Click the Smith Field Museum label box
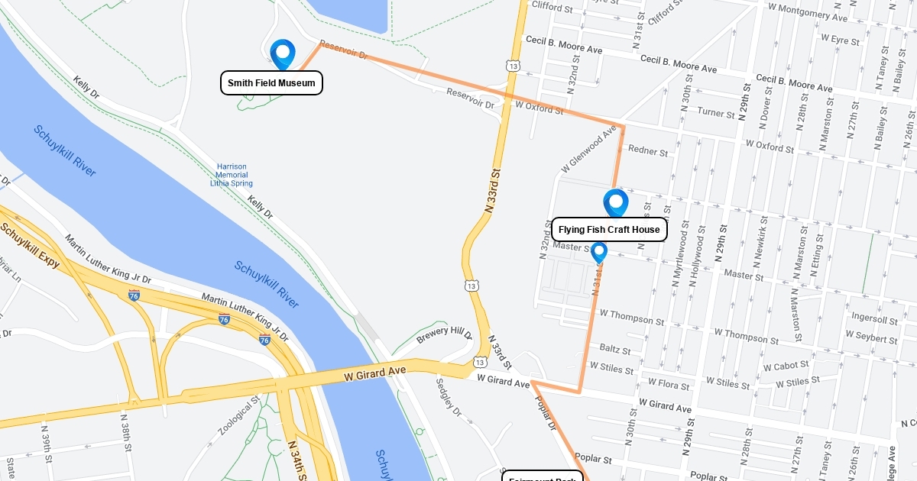271,83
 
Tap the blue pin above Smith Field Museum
283,54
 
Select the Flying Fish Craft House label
609,230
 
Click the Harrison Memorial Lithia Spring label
232,175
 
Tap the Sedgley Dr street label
449,398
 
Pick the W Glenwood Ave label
588,148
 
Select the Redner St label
647,152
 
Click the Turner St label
716,113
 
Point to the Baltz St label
615,350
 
